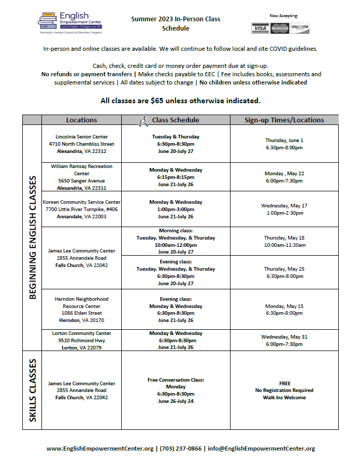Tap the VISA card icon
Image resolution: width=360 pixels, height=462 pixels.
pyautogui.click(x=260, y=28)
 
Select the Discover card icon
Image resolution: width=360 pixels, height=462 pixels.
pyautogui.click(x=300, y=28)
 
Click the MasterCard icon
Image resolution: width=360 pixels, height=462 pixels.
pyautogui.click(x=280, y=28)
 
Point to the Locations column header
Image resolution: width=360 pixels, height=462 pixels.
pyautogui.click(x=81, y=120)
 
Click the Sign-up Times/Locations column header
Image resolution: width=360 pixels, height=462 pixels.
pyautogui.click(x=284, y=120)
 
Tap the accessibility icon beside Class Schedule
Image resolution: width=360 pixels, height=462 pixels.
pyautogui.click(x=144, y=120)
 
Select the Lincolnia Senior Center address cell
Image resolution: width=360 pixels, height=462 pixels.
pyautogui.click(x=81, y=144)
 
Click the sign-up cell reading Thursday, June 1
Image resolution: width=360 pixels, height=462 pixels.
pyautogui.click(x=284, y=144)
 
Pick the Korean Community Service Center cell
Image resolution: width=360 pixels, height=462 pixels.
pyautogui.click(x=81, y=209)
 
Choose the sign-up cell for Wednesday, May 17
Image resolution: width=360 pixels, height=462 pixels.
pyautogui.click(x=284, y=209)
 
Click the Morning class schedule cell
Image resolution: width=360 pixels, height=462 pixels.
pyautogui.click(x=176, y=241)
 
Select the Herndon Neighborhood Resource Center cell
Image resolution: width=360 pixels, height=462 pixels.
pyautogui.click(x=81, y=310)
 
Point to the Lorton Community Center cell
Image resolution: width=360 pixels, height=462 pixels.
pyautogui.click(x=81, y=340)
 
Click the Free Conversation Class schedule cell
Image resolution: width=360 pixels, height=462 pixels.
pyautogui.click(x=176, y=390)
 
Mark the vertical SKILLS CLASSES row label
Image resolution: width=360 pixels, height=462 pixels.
pyautogui.click(x=32, y=390)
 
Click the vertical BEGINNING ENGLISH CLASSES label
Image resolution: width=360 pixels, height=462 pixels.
pyautogui.click(x=32, y=237)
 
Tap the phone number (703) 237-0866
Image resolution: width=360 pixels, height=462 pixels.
pyautogui.click(x=181, y=449)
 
